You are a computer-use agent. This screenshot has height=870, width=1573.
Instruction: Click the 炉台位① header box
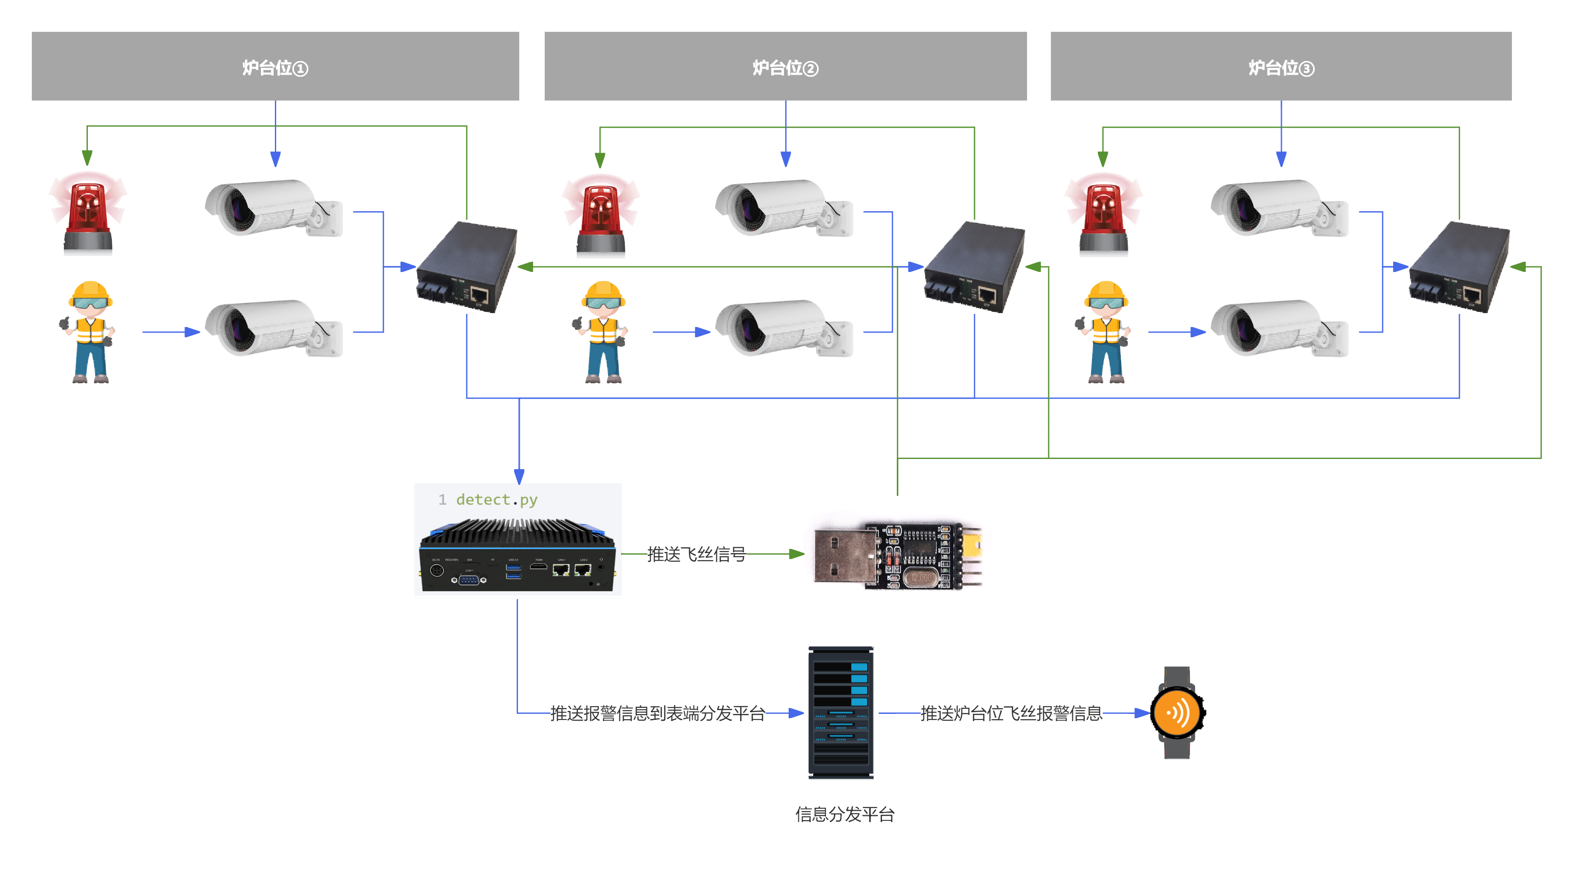(275, 66)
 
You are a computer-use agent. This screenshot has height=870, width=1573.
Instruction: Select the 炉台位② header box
(785, 66)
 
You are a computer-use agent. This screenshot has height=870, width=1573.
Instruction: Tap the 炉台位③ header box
(1281, 66)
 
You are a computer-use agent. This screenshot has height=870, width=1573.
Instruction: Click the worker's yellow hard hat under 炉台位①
(90, 291)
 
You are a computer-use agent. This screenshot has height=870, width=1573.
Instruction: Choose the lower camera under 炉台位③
(1279, 328)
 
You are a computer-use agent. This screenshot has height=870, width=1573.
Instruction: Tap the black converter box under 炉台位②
(974, 266)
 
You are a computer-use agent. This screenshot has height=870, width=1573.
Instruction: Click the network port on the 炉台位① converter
(479, 296)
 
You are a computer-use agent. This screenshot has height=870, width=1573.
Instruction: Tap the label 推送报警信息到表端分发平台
(658, 713)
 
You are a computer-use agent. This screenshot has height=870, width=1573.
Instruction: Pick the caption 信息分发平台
(845, 814)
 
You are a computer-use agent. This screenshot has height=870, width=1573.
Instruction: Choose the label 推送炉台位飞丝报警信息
(1011, 713)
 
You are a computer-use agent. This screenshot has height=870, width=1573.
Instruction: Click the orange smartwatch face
(1177, 713)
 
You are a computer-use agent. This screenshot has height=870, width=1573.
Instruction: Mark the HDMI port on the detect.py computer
(538, 567)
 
